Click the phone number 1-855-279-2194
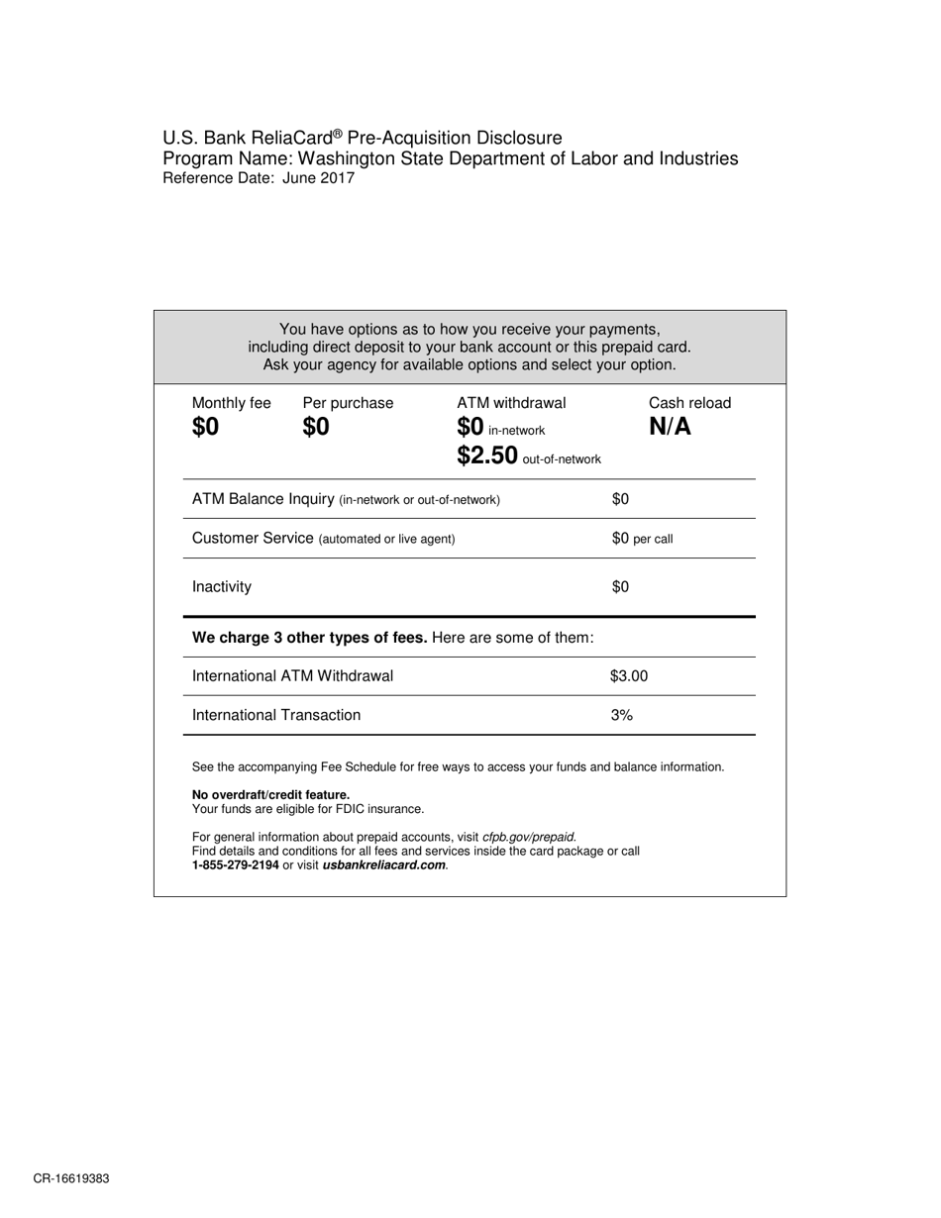tap(235, 865)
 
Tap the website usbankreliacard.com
tap(384, 865)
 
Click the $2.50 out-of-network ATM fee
tap(487, 456)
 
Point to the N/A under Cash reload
tap(670, 428)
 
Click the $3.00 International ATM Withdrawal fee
tap(629, 676)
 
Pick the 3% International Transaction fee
tap(621, 715)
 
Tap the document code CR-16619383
tap(71, 1179)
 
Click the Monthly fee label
tap(231, 403)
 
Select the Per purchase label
tap(348, 403)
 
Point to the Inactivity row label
tap(222, 587)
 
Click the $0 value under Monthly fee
tap(205, 428)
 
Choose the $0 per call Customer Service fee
tap(642, 539)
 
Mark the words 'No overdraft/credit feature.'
tap(270, 795)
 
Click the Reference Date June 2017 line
tap(259, 179)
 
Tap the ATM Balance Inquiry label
tap(262, 499)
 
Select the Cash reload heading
tap(689, 403)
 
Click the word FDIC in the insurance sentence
tap(353, 809)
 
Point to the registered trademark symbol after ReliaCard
tap(338, 133)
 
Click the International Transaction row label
tap(276, 715)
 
